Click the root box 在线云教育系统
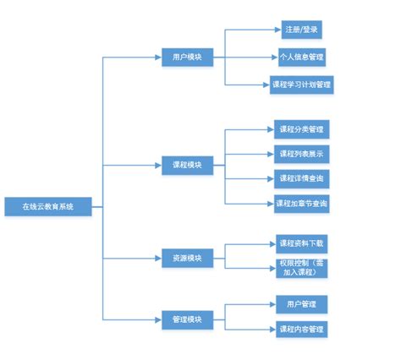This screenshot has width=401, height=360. pos(47,205)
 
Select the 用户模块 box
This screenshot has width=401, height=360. pos(187,57)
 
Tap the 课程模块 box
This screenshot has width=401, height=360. pos(187,164)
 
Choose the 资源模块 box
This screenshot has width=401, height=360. pos(187,258)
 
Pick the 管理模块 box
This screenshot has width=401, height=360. pos(187,319)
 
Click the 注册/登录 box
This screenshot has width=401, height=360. pos(301,30)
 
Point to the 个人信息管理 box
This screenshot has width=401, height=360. pos(301,57)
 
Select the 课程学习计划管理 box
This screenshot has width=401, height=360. pos(301,85)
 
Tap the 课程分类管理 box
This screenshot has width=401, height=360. pos(301,130)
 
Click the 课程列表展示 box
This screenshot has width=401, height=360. pos(301,155)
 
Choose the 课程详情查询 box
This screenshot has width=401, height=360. pos(301,179)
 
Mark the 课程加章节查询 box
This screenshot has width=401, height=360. pos(301,204)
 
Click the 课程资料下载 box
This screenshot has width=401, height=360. pos(301,243)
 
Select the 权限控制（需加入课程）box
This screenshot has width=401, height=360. pos(301,269)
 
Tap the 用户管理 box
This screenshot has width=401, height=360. pos(301,303)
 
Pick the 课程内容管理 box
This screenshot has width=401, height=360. pos(301,329)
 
